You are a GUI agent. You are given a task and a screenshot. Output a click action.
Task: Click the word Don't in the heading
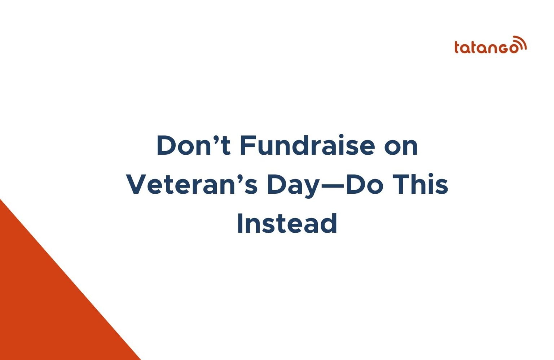click(193, 145)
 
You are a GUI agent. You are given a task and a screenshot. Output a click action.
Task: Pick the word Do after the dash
click(364, 185)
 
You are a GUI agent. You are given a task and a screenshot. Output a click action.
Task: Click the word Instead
click(287, 224)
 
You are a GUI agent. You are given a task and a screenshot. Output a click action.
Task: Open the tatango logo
click(490, 45)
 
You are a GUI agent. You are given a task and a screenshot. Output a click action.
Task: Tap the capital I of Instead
click(239, 224)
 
